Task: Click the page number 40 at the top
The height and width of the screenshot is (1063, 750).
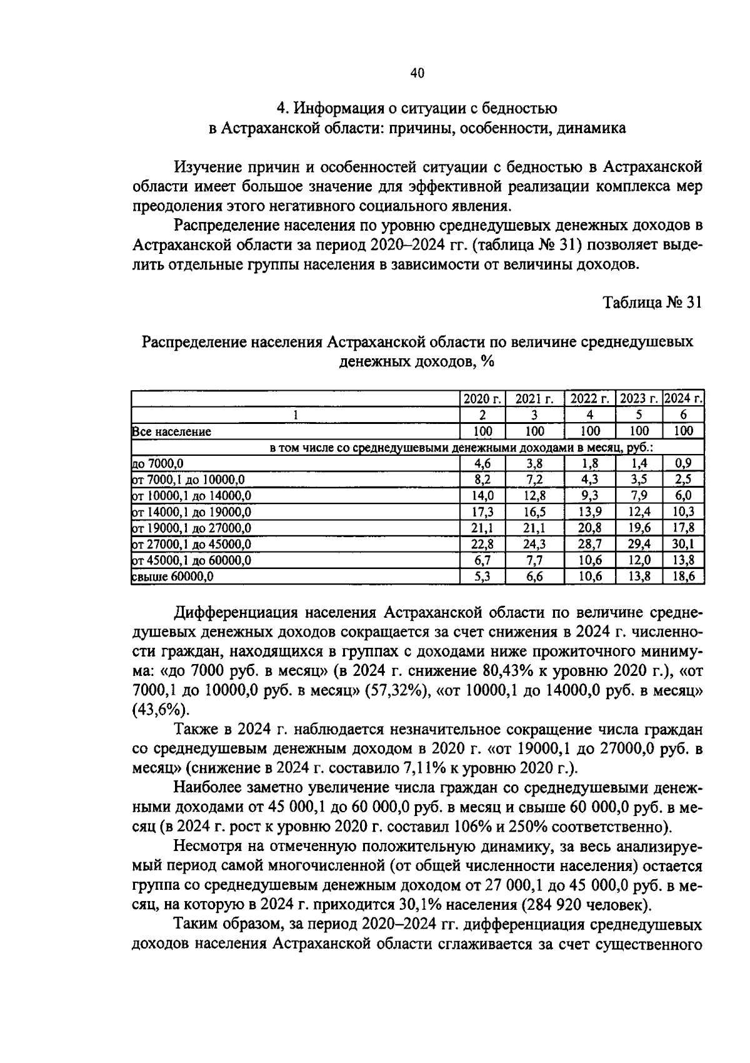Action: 417,73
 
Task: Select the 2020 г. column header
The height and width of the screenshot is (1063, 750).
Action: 482,399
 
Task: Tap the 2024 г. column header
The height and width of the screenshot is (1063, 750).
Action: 684,399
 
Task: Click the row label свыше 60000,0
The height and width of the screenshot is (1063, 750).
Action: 173,577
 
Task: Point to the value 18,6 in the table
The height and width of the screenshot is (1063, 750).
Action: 684,577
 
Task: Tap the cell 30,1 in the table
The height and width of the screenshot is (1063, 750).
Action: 684,545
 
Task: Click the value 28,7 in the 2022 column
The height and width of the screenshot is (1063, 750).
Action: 589,545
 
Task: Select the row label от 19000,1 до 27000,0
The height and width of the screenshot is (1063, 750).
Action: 192,528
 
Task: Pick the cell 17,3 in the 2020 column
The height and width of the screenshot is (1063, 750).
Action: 482,512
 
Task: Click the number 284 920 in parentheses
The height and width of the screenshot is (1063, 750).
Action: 557,905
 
